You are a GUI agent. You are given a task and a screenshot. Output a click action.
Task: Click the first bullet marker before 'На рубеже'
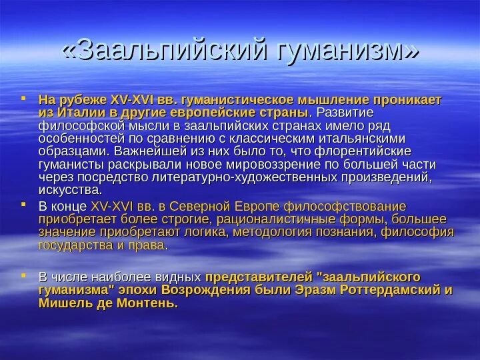click(23, 97)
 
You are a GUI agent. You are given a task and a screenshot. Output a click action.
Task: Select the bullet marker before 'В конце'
click(23, 205)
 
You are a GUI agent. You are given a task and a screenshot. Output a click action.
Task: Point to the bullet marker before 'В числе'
click(23, 274)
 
